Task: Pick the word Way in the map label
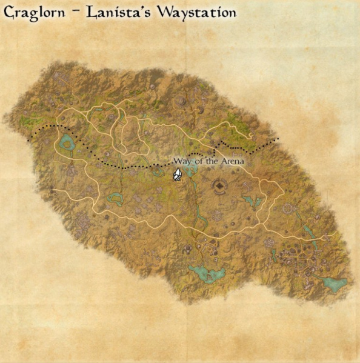pyautogui.click(x=182, y=161)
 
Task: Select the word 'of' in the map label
pyautogui.click(x=198, y=161)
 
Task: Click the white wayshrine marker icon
pyautogui.click(x=178, y=175)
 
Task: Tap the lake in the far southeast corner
pyautogui.click(x=333, y=282)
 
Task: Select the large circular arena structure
pyautogui.click(x=218, y=186)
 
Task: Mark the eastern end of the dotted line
pyautogui.click(x=278, y=139)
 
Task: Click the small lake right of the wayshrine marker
pyautogui.click(x=192, y=172)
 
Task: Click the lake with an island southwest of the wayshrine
pyautogui.click(x=115, y=198)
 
